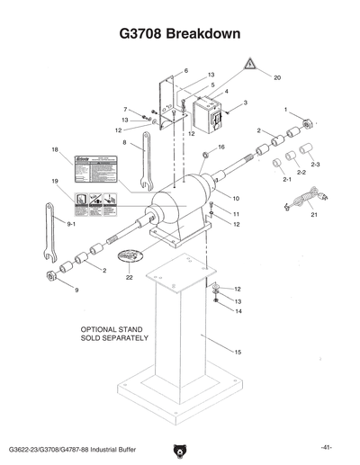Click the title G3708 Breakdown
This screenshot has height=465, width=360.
pos(179,34)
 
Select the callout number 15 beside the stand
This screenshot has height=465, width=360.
pos(238,351)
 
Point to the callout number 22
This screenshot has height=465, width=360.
pos(130,278)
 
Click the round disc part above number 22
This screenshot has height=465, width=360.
pos(131,259)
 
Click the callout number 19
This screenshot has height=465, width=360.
pos(55,182)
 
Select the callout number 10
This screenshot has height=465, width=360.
pos(236,197)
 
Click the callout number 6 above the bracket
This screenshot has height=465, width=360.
pos(185,70)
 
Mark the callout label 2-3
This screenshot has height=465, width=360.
pos(315,166)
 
